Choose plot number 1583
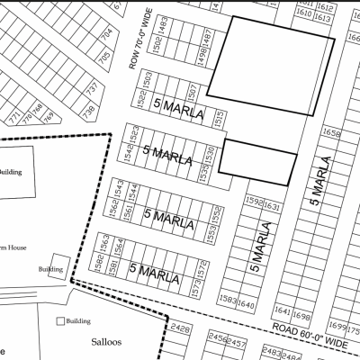229,300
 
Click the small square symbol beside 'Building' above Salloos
61,320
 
